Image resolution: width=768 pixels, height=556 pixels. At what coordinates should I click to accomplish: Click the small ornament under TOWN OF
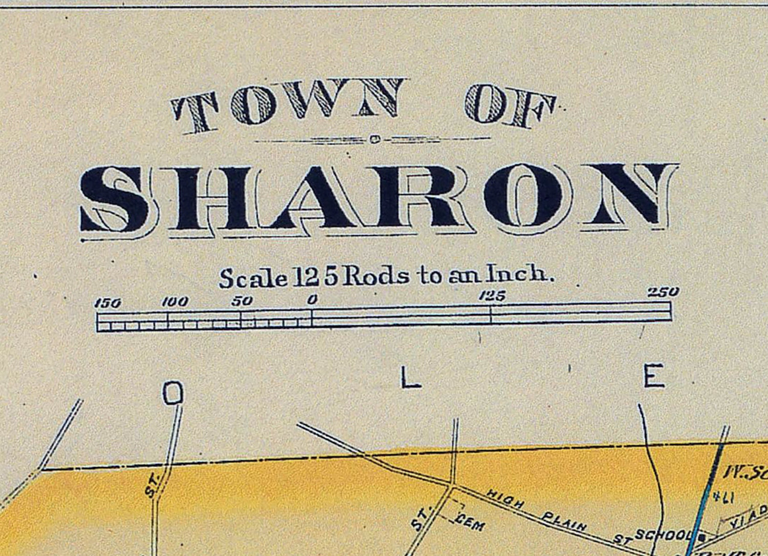click(x=375, y=138)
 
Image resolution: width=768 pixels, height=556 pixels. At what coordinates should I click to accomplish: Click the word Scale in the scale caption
click(x=253, y=278)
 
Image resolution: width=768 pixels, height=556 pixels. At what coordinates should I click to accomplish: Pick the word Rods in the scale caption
click(x=376, y=277)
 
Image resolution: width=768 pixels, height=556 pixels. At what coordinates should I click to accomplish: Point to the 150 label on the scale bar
click(x=108, y=303)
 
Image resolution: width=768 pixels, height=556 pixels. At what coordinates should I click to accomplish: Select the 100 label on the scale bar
click(x=175, y=302)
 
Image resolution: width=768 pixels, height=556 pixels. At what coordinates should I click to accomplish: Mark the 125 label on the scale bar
click(x=492, y=296)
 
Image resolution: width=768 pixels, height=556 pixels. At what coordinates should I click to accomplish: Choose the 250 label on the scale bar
click(x=664, y=293)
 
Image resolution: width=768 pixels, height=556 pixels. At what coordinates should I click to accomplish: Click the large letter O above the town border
click(x=173, y=394)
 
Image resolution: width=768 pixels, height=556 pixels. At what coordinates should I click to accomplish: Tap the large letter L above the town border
click(x=411, y=379)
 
